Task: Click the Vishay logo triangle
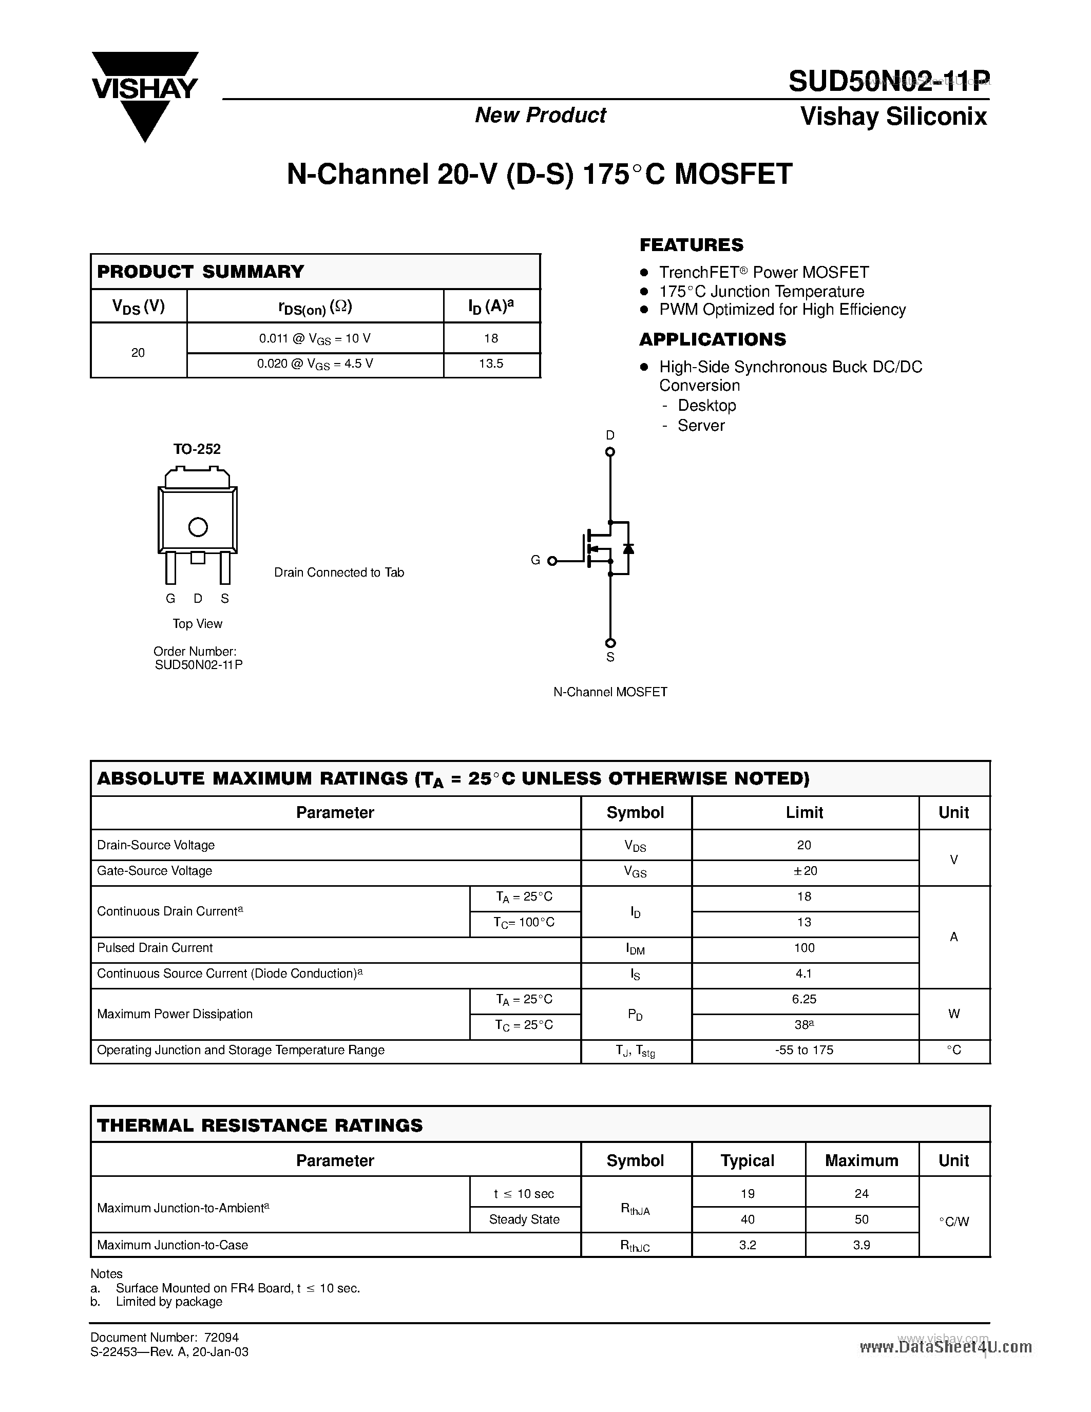[x=144, y=97]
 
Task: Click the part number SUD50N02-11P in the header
[x=889, y=82]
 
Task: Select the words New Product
[x=540, y=115]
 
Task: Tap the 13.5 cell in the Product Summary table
[x=491, y=364]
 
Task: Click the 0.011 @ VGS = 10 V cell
[x=315, y=338]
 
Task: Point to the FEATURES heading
[x=691, y=245]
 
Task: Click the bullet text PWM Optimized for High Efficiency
[x=782, y=310]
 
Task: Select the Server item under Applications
[x=701, y=426]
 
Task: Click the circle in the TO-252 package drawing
[x=198, y=527]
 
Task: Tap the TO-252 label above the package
[x=197, y=449]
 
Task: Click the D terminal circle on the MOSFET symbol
[x=609, y=452]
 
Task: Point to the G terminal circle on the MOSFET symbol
[x=552, y=561]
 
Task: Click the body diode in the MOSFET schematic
[x=627, y=549]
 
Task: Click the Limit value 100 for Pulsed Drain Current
[x=804, y=948]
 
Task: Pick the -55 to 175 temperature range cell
[x=804, y=1051]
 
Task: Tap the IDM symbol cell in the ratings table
[x=635, y=949]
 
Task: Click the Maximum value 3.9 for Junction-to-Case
[x=861, y=1245]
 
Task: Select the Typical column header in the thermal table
[x=747, y=1160]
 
